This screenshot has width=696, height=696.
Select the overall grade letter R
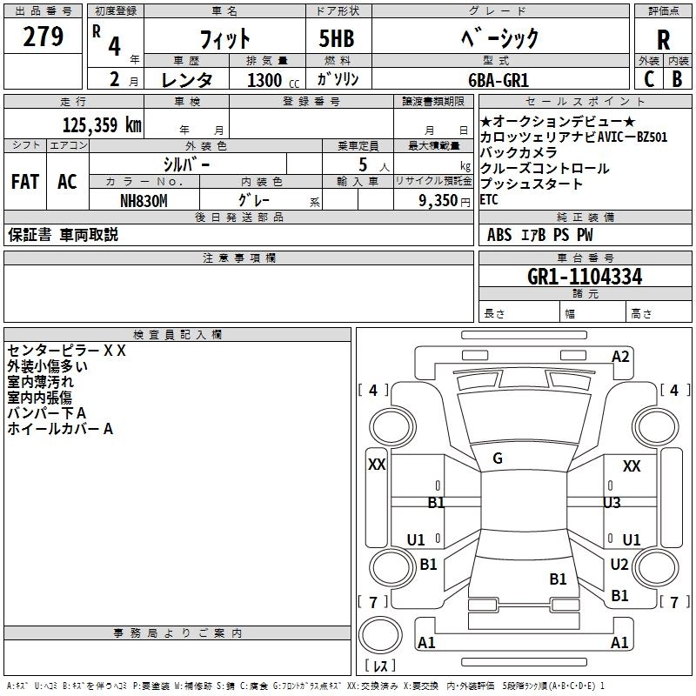(663, 39)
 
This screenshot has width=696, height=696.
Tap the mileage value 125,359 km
(102, 124)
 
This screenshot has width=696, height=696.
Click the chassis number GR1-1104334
(585, 277)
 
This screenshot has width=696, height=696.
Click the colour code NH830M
(144, 200)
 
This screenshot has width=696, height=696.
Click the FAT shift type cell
(24, 182)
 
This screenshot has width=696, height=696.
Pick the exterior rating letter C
(648, 79)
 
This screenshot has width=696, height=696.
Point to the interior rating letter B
(677, 79)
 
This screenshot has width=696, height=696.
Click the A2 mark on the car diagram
(620, 357)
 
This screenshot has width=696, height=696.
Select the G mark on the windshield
(498, 458)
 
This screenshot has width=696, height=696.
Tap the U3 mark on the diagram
(612, 502)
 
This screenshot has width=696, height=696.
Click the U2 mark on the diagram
(619, 565)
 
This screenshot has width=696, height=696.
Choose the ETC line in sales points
(490, 199)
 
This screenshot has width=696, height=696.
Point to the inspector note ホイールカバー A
(61, 428)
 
